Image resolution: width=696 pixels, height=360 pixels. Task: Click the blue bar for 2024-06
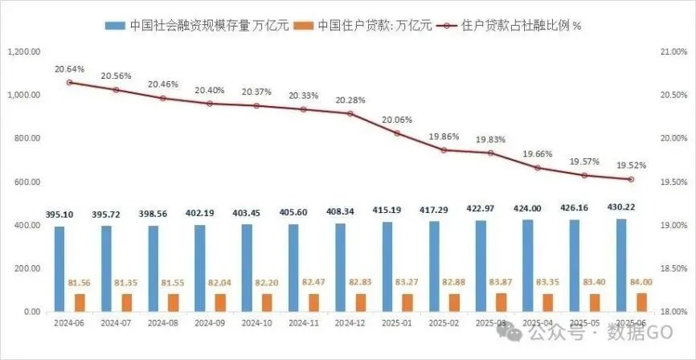59,268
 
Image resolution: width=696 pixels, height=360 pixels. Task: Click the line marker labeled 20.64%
69,82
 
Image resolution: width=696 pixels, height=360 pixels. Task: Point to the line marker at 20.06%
397,133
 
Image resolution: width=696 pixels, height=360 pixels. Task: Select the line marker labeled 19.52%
631,179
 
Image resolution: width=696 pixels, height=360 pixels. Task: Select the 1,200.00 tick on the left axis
23,51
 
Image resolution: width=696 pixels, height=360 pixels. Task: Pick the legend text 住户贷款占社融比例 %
522,25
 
